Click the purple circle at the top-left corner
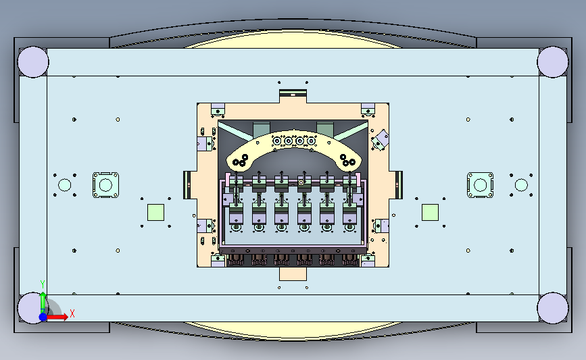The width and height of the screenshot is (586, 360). pos(33,62)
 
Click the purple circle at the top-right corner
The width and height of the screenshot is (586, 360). pos(553,62)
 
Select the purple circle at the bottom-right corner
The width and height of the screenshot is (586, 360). pos(553,308)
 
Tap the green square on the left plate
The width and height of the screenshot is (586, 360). pos(156,212)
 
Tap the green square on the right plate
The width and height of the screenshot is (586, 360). pos(430,212)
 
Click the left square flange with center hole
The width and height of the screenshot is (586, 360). pos(105,185)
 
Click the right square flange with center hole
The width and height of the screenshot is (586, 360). pos(481,185)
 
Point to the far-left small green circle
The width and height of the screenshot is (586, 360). pos(65,185)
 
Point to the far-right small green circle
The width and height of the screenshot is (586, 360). pos(521,185)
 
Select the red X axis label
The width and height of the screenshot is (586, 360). pos(72,313)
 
